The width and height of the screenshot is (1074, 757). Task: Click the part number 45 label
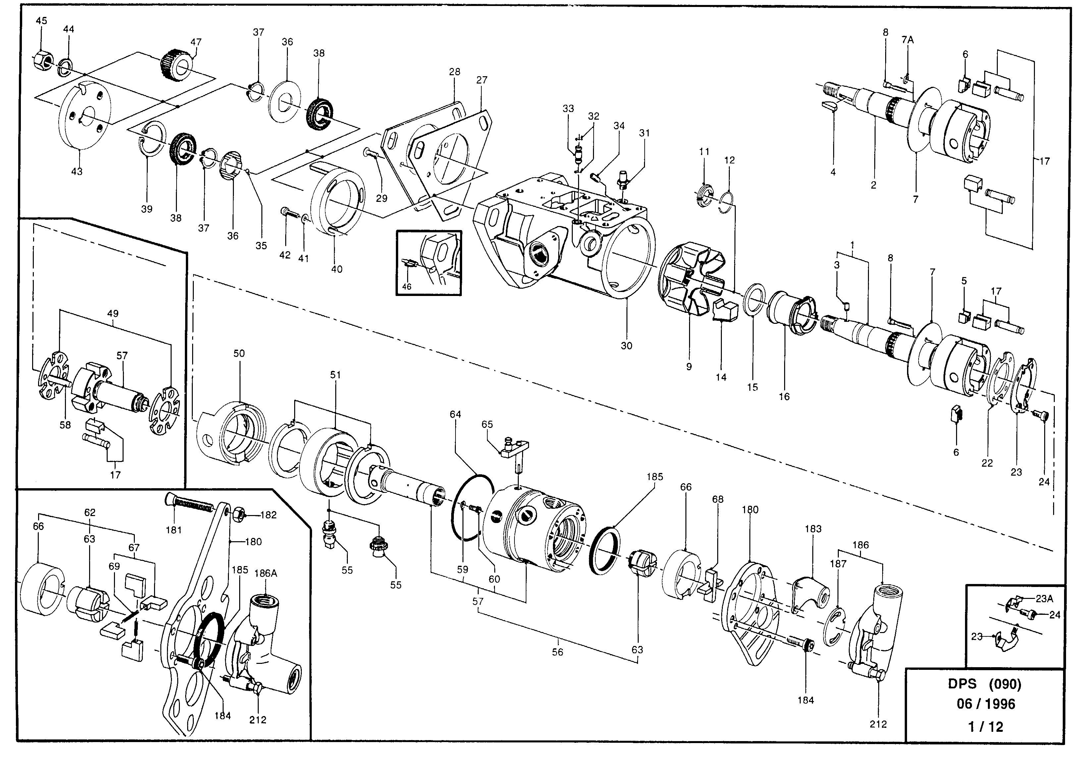pyautogui.click(x=42, y=21)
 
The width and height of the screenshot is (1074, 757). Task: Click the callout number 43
pyautogui.click(x=77, y=172)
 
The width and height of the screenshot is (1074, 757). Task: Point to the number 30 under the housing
pyautogui.click(x=626, y=346)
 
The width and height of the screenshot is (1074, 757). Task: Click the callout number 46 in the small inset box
pyautogui.click(x=406, y=286)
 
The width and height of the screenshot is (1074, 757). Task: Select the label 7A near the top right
pyautogui.click(x=907, y=40)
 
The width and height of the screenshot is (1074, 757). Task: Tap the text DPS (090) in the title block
pyautogui.click(x=984, y=684)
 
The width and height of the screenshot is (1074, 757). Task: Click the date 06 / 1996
pyautogui.click(x=986, y=704)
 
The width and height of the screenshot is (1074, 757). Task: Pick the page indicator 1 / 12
pyautogui.click(x=986, y=727)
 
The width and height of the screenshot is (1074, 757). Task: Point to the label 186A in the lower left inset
pyautogui.click(x=265, y=573)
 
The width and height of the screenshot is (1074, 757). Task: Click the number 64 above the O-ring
pyautogui.click(x=455, y=414)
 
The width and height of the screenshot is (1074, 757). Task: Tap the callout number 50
pyautogui.click(x=239, y=354)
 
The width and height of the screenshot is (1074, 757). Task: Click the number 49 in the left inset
pyautogui.click(x=113, y=314)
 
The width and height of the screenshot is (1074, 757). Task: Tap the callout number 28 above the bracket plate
pyautogui.click(x=454, y=72)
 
